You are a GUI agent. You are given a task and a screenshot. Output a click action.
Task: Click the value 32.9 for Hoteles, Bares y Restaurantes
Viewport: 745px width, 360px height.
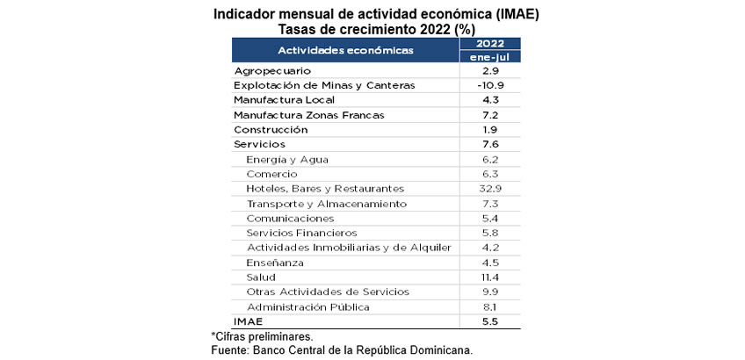click(x=490, y=189)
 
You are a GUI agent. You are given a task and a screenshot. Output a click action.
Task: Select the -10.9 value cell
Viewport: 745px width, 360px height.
click(x=490, y=85)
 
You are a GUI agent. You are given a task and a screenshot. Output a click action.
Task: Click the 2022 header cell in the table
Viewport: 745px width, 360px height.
click(x=490, y=44)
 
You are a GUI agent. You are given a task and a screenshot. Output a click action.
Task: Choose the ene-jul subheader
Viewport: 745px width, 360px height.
click(x=490, y=57)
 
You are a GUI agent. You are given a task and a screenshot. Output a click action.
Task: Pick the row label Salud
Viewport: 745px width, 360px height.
click(x=261, y=277)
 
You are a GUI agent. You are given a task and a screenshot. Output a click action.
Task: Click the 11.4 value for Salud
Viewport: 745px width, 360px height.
click(x=490, y=277)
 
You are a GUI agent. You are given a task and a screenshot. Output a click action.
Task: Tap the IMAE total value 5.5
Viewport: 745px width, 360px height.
click(x=490, y=322)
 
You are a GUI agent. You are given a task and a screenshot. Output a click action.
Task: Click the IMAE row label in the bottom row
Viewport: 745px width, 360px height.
click(x=248, y=322)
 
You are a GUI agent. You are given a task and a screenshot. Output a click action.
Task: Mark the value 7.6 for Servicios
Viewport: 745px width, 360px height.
click(x=490, y=144)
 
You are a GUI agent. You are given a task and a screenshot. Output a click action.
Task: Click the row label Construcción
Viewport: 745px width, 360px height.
click(x=271, y=129)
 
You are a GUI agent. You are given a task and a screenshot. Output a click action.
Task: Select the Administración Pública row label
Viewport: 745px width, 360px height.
click(x=307, y=307)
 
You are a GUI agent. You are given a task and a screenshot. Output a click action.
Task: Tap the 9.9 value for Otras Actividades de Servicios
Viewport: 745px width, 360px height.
click(x=490, y=292)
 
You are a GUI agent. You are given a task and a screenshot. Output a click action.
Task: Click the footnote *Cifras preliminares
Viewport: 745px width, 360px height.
click(x=262, y=336)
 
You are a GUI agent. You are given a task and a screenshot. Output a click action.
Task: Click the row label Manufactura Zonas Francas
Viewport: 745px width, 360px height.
click(x=297, y=115)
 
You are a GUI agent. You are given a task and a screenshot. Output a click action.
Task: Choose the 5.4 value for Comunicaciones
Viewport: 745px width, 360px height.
click(x=490, y=218)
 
